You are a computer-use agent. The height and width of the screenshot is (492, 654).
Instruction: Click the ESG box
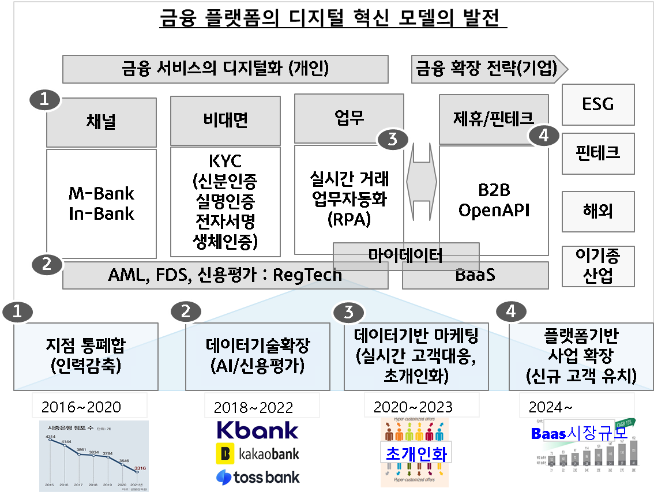pos(597,104)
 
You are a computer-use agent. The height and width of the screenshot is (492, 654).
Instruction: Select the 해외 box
pos(597,211)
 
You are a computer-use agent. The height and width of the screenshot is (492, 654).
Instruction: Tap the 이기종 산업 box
pos(597,266)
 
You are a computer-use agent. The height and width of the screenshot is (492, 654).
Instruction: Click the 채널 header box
pos(101,122)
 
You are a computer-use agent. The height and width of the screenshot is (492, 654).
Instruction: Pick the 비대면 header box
pos(225,121)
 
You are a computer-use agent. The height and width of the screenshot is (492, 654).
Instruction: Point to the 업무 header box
pos(348,119)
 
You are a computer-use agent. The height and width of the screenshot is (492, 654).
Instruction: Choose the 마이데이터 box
pos(406,254)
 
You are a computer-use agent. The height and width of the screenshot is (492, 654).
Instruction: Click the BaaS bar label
pos(475,275)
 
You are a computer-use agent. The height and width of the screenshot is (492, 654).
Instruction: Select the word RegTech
pos(307,275)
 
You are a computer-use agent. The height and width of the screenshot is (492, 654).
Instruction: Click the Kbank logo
pos(257,430)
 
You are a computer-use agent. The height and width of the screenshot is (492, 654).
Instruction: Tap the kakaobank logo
pos(257,454)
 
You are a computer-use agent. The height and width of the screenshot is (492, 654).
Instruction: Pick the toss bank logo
pos(257,477)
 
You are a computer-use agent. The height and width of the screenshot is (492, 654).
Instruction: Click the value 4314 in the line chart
pos(51,437)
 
